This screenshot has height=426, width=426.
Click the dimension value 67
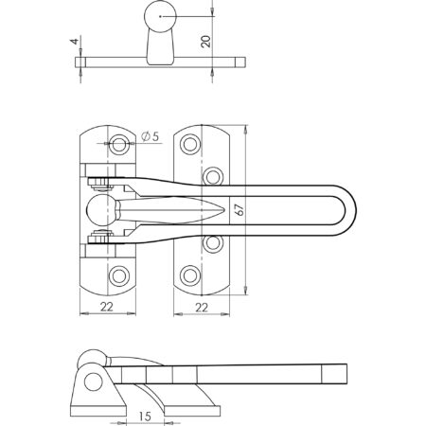tap(240, 209)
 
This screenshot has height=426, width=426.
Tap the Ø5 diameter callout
tap(151, 136)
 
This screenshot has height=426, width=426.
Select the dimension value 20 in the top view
tap(205, 42)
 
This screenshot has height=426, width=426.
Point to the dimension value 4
tap(75, 41)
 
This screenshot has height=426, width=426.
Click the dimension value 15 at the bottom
tap(145, 417)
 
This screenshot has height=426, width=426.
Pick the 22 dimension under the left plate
tap(107, 307)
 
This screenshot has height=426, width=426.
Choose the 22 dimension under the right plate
tap(202, 307)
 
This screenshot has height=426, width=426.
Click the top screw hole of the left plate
tap(118, 144)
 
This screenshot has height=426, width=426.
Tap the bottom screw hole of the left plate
tap(118, 276)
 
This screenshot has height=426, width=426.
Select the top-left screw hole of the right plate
tap(190, 144)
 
